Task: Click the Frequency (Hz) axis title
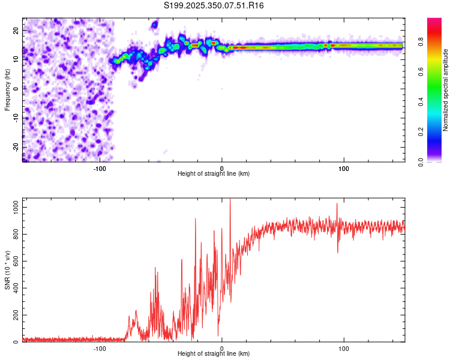[x=8, y=90]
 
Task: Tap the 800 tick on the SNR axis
[x=14, y=234]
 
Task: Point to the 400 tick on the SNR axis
[x=14, y=288]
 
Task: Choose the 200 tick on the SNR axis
[x=14, y=315]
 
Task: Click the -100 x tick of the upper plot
[x=100, y=169]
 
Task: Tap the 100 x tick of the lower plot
[x=344, y=349]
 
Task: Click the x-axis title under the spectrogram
[x=214, y=174]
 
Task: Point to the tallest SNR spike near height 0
[x=230, y=201]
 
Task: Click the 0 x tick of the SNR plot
[x=222, y=349]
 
